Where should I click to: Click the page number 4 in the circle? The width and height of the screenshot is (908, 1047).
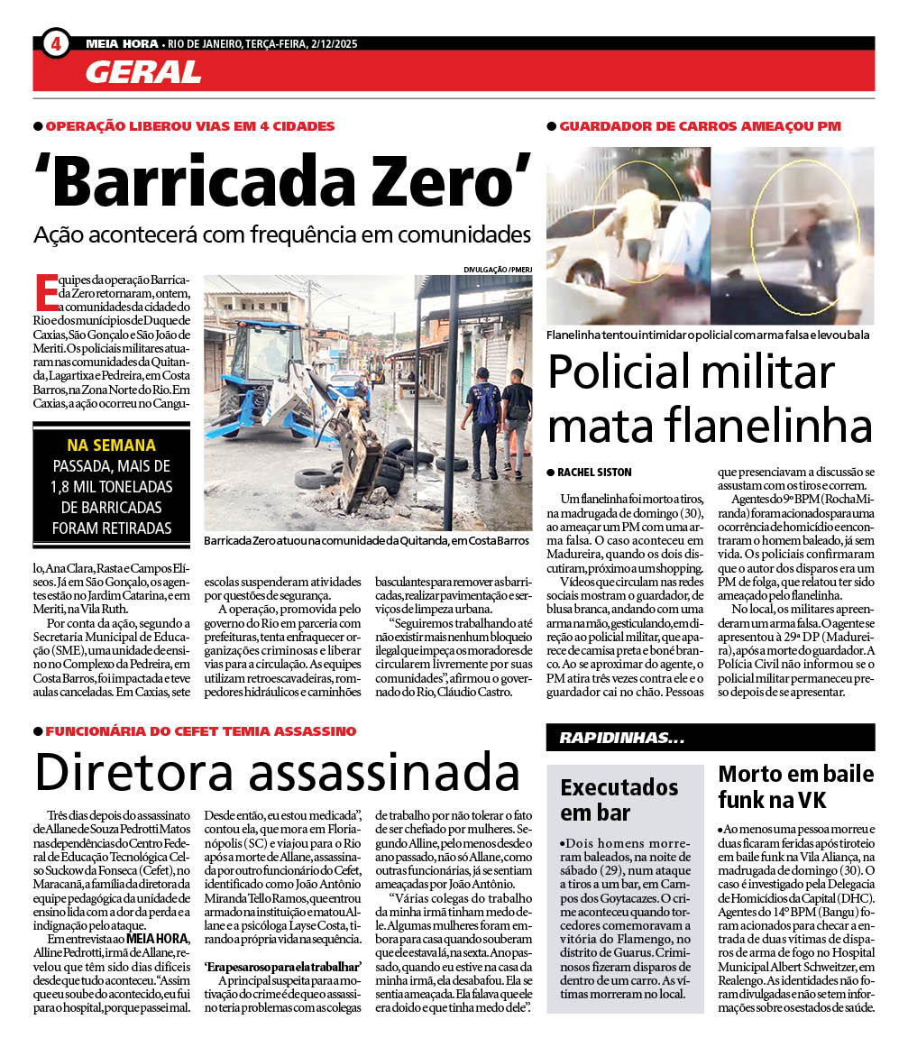click(x=56, y=42)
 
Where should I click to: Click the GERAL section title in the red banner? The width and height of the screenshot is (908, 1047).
click(x=143, y=71)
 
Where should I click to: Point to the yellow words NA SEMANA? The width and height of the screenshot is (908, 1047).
click(x=111, y=445)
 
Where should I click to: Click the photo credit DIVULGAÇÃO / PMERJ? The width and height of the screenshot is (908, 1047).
click(x=497, y=269)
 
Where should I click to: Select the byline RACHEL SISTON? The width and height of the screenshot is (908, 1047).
click(x=596, y=473)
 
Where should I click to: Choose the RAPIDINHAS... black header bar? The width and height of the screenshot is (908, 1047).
click(x=710, y=738)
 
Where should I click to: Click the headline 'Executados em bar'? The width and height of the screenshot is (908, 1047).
click(x=619, y=799)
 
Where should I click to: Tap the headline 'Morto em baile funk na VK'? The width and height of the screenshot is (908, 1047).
click(x=795, y=786)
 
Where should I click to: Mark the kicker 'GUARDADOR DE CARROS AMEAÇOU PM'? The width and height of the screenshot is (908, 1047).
click(x=700, y=126)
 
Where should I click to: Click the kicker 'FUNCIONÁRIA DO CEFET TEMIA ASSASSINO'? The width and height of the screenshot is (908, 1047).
click(x=200, y=731)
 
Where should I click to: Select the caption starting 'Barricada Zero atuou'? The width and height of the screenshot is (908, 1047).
click(x=366, y=540)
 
